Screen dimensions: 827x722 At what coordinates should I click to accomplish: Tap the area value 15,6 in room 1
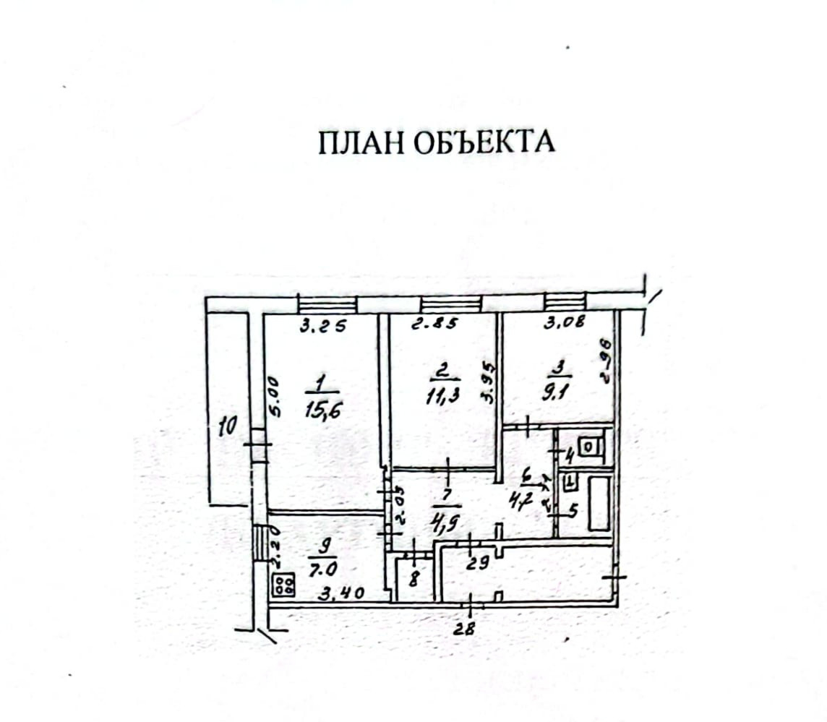[x=324, y=411]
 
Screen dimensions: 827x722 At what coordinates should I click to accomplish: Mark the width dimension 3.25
[x=323, y=326]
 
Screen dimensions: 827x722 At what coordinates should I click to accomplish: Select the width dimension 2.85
[x=434, y=325]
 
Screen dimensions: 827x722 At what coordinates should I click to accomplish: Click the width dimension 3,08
[x=564, y=323]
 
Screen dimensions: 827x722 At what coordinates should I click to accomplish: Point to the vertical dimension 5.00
[x=273, y=395]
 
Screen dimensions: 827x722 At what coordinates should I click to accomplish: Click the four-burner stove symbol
[x=283, y=585]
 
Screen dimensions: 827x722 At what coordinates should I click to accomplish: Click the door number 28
[x=466, y=628]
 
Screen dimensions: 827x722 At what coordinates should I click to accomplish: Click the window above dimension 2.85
[x=450, y=304]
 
